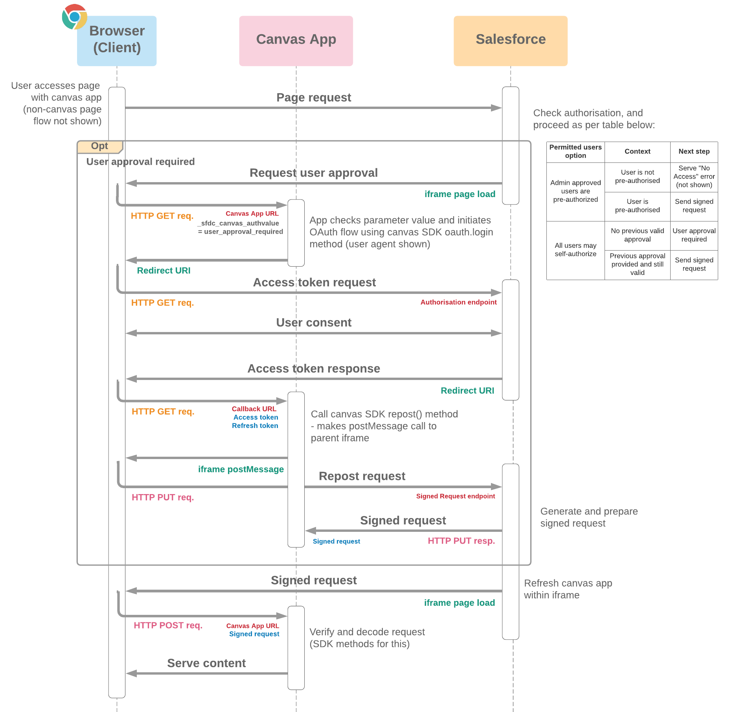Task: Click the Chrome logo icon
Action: pyautogui.click(x=74, y=17)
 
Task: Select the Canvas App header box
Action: pyautogui.click(x=296, y=41)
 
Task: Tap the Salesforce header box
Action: pyautogui.click(x=510, y=41)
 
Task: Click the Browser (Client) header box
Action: pyautogui.click(x=117, y=41)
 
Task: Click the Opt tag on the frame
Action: pyautogui.click(x=99, y=146)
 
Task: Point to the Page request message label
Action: pyautogui.click(x=313, y=97)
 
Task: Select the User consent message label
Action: pyautogui.click(x=313, y=323)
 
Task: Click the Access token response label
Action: pyautogui.click(x=313, y=369)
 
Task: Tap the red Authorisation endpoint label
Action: pyautogui.click(x=458, y=302)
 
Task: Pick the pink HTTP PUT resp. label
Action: pyautogui.click(x=461, y=541)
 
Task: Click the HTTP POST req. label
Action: pyautogui.click(x=168, y=625)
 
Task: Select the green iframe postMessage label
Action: pyautogui.click(x=241, y=469)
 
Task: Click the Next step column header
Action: pyautogui.click(x=694, y=151)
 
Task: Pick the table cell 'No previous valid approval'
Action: pyautogui.click(x=637, y=235)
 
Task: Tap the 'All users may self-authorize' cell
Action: pyautogui.click(x=575, y=250)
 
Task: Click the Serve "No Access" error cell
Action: pyautogui.click(x=694, y=177)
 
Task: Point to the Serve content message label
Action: pyautogui.click(x=206, y=663)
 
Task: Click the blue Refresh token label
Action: pyautogui.click(x=255, y=426)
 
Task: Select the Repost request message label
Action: pyautogui.click(x=362, y=476)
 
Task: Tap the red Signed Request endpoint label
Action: pyautogui.click(x=455, y=496)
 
